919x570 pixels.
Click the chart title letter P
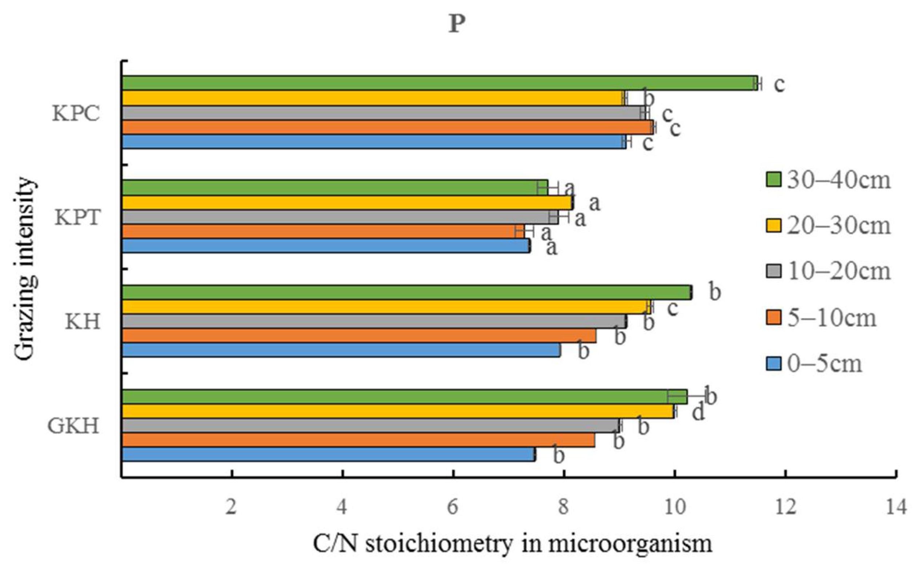point(457,25)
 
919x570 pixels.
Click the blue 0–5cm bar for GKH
point(328,454)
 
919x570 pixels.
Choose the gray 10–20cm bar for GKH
point(369,426)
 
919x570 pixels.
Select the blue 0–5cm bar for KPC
point(373,142)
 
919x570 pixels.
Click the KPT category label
point(78,217)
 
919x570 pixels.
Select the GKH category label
point(73,426)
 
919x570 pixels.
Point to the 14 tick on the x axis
point(896,507)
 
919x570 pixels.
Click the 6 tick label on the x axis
point(452,507)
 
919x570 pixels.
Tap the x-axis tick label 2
point(231,507)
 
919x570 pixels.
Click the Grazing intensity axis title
point(26,269)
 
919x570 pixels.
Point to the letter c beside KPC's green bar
point(779,84)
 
